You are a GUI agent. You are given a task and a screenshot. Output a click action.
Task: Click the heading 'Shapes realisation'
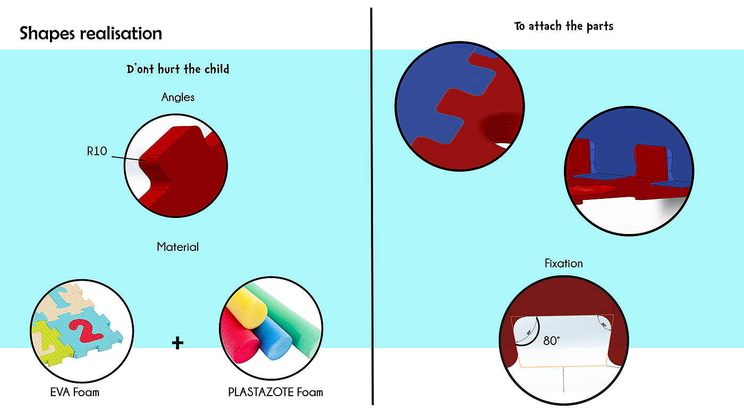91,33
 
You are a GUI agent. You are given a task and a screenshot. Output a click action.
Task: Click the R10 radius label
97,152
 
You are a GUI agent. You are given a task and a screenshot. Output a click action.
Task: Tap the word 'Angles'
178,97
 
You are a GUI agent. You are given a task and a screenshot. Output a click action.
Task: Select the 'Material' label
178,247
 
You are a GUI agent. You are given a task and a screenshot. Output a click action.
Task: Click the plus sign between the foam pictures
178,343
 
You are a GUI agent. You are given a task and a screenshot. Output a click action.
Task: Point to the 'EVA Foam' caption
75,393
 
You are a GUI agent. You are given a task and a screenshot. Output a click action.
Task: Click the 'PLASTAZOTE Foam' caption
275,392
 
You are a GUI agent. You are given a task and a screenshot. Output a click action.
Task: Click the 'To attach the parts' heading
563,26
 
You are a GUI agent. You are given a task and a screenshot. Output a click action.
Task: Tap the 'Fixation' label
563,263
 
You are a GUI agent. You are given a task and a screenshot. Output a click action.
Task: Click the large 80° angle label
552,340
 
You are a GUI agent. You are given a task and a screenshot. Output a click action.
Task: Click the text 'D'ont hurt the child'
178,69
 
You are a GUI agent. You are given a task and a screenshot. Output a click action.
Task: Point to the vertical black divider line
371,213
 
